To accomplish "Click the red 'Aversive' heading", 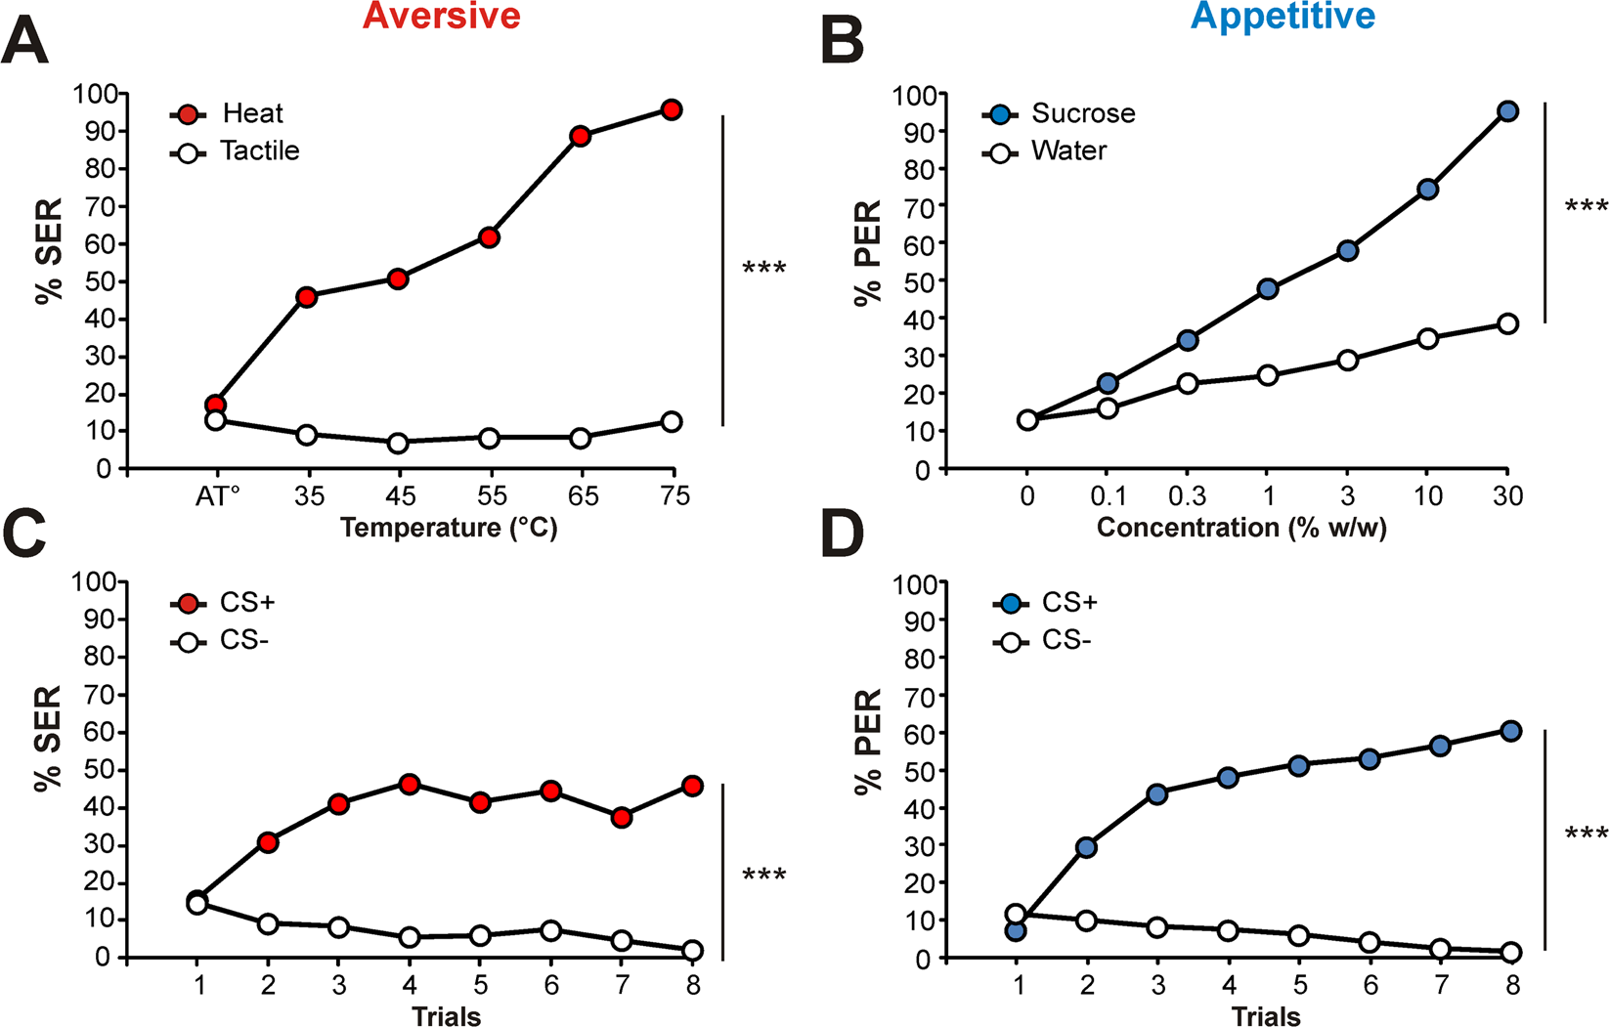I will (442, 17).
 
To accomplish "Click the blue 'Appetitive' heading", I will (1283, 17).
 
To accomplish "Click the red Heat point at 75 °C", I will (671, 109).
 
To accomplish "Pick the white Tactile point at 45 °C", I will (398, 443).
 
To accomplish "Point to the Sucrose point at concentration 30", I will (1507, 111).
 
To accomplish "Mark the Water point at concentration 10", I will (1427, 339).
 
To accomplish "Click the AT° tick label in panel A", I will (217, 496).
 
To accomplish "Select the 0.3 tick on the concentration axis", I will (1187, 496).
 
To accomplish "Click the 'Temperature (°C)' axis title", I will (449, 529).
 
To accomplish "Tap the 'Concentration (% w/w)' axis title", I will (1241, 529).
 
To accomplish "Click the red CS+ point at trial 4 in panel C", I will (410, 784).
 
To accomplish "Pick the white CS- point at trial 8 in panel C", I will (692, 950).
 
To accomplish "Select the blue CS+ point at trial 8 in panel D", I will (1510, 731).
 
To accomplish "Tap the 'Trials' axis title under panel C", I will (446, 1016).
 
